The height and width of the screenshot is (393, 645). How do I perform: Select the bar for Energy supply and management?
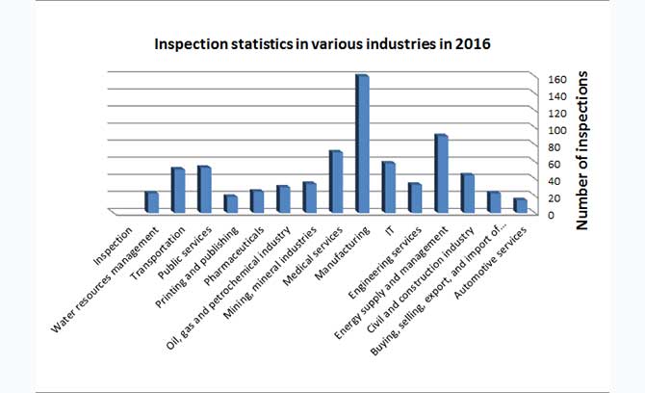[440, 173]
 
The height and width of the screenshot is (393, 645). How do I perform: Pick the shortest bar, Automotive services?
[519, 205]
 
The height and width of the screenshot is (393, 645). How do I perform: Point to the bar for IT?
[388, 187]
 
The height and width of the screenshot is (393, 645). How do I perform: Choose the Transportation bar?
[178, 190]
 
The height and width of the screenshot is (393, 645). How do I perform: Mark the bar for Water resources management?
[151, 201]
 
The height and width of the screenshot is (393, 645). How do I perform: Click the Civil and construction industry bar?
[467, 193]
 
